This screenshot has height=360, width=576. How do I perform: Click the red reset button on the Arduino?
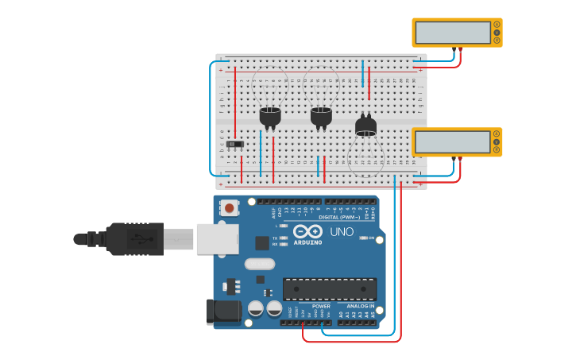tap(230, 208)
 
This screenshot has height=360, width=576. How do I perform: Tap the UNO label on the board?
tap(342, 232)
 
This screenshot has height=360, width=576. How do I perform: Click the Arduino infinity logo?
tap(307, 232)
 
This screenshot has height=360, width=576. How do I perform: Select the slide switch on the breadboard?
tap(235, 144)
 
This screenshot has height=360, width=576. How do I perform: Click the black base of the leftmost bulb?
tap(270, 116)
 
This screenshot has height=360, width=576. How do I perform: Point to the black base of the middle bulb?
tap(321, 116)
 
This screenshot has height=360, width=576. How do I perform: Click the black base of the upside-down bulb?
tap(365, 126)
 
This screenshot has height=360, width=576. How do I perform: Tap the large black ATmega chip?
tap(330, 289)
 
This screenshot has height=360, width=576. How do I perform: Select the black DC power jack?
tap(223, 312)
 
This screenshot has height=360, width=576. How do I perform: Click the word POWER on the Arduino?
tap(321, 306)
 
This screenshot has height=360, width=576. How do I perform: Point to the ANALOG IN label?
tap(360, 306)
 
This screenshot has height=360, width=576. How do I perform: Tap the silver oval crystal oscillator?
tap(259, 264)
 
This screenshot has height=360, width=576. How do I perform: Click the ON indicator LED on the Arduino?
tap(362, 238)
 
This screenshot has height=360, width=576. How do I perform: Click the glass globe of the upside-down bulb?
tap(365, 154)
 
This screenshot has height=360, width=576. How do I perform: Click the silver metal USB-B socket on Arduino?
tap(217, 238)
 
